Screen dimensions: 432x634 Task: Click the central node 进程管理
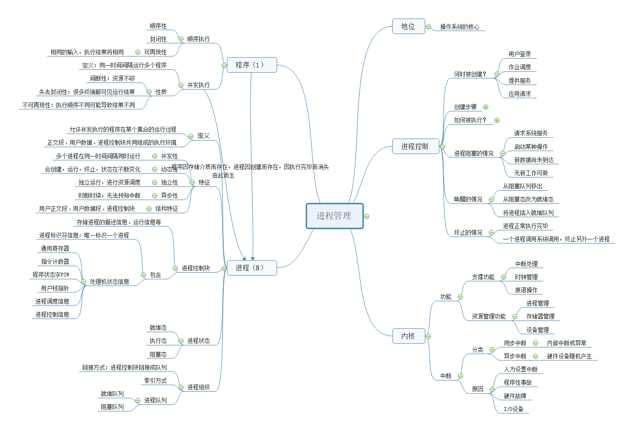[x=334, y=216]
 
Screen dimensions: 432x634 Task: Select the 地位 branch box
[x=408, y=27]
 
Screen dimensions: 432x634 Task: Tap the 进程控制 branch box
[x=415, y=147]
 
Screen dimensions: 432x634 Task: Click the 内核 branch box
[x=408, y=336]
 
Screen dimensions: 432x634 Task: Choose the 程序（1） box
[x=251, y=65]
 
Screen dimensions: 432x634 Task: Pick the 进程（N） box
[x=251, y=268]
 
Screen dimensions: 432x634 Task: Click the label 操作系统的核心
[x=460, y=27]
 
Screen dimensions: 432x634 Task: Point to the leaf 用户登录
[x=520, y=54]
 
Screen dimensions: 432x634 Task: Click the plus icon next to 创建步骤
[x=486, y=107]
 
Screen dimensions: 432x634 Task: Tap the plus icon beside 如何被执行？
[x=497, y=120]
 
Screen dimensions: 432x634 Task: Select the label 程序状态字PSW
[x=51, y=275]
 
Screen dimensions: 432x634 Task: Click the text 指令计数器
[x=55, y=261]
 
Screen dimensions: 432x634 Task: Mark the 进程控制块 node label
[x=196, y=268]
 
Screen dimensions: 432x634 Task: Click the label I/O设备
[x=513, y=409]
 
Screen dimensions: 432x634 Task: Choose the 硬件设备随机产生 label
[x=569, y=357]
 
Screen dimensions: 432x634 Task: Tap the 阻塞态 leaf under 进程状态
[x=158, y=355]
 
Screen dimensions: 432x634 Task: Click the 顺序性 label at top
[x=158, y=26]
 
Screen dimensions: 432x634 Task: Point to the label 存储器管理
[x=540, y=317]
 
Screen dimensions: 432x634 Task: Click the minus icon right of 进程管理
[x=367, y=216]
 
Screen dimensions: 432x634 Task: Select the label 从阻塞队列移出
[x=522, y=186]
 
